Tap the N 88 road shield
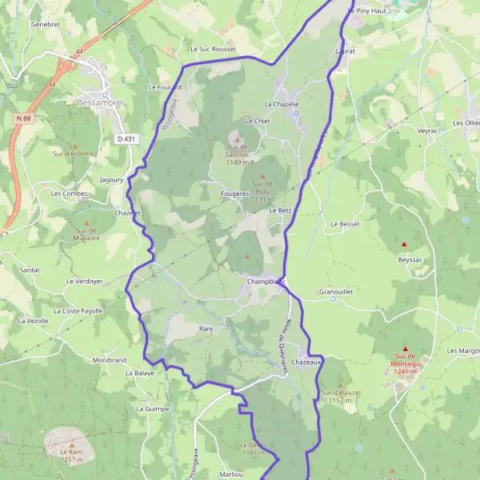pos(22,118)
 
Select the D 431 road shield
pos(125,138)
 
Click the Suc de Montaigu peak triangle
pos(405,349)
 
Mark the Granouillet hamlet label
pos(335,292)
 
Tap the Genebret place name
pos(46,24)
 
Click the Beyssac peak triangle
pos(405,244)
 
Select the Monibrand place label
pos(110,360)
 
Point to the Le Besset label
pos(345,224)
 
